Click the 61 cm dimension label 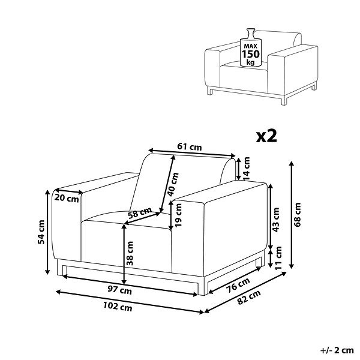click(x=190, y=146)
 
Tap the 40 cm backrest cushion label click(x=173, y=184)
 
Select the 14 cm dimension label click(x=247, y=169)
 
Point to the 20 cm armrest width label click(x=67, y=198)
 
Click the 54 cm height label click(x=41, y=232)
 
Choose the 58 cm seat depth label click(x=140, y=213)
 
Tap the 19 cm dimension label click(x=178, y=215)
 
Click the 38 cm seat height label click(x=130, y=253)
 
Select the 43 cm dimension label click(x=276, y=220)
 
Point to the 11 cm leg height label click(x=278, y=258)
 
